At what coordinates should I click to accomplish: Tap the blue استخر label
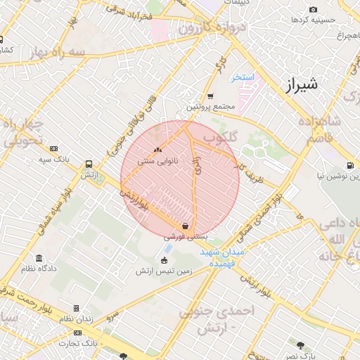(x=243, y=77)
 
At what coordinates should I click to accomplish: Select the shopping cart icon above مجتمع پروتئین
(x=210, y=96)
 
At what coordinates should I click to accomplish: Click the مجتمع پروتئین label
(x=208, y=107)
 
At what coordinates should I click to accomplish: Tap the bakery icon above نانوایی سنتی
(x=157, y=150)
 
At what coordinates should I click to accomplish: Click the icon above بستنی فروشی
(x=184, y=226)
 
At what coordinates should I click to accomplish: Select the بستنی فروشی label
(x=181, y=238)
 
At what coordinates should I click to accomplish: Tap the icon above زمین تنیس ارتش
(x=165, y=260)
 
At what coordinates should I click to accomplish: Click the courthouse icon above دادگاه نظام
(x=39, y=258)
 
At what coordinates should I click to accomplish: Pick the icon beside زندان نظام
(x=76, y=308)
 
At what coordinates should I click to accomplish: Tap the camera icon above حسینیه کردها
(x=313, y=10)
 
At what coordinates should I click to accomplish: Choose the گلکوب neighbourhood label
(x=219, y=138)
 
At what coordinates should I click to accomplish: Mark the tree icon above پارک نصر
(x=301, y=345)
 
